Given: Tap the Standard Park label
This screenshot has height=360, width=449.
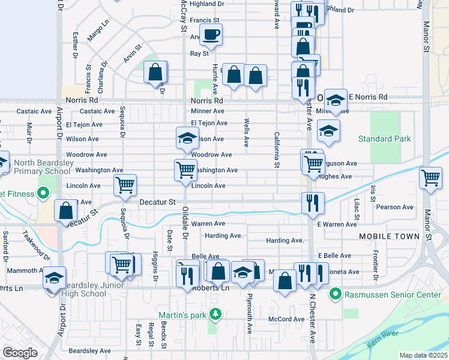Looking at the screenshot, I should coord(384,139).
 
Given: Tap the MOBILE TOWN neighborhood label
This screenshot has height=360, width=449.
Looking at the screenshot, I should coord(389,236).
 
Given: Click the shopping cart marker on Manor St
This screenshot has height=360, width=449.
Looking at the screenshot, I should coord(431,177).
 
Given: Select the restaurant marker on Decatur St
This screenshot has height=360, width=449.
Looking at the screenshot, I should coord(313,202).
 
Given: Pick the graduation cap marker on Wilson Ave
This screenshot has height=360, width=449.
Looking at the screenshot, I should coord(187,138).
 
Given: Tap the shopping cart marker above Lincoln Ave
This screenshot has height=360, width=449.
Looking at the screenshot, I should coord(185,170).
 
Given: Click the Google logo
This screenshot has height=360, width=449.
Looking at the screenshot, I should coord(20,352).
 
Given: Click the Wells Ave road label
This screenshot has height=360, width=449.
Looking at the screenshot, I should coord(247,133).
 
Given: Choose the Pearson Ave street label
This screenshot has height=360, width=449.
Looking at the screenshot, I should coord(395,207).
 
